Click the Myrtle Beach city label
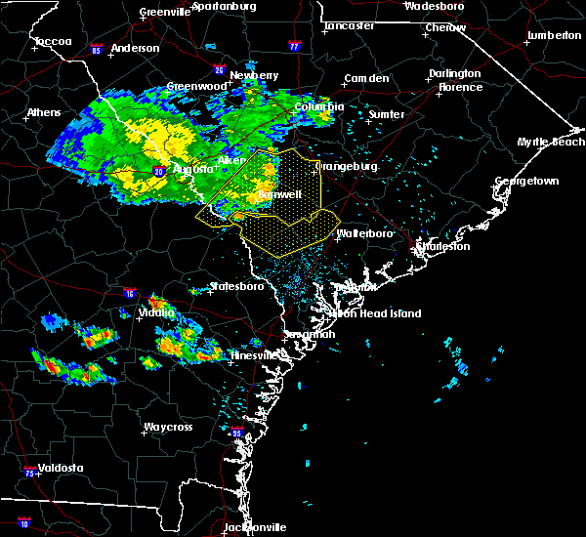552,143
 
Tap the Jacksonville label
252,527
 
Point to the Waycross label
167,428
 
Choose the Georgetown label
526,182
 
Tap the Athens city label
43,112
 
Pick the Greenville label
164,12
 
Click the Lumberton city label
554,35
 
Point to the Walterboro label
364,234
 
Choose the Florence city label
460,87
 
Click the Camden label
366,78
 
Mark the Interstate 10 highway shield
23,523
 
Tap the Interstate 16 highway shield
129,293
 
